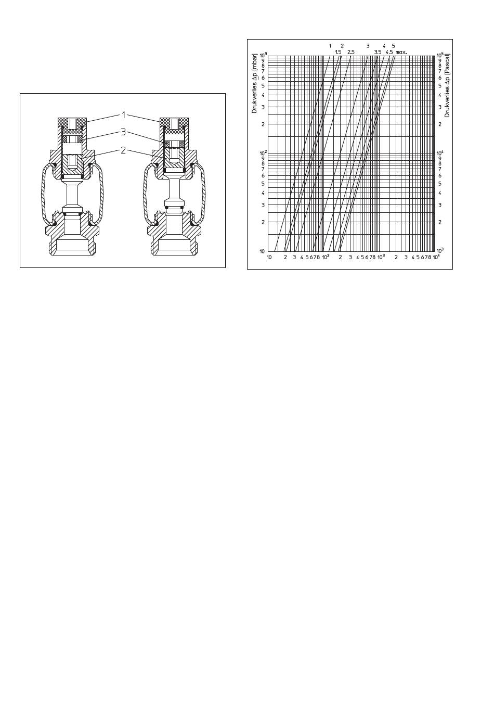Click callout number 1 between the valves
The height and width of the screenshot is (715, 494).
tap(123, 114)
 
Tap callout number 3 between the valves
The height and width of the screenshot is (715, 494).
tap(123, 132)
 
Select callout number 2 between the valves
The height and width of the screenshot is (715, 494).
tap(123, 150)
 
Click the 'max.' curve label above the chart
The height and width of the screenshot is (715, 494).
tap(401, 52)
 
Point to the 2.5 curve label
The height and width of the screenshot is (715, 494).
tap(351, 52)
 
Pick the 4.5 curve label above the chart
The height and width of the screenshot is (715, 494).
tap(389, 52)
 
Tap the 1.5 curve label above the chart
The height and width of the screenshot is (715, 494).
tap(339, 52)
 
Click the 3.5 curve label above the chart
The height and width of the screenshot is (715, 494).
tap(378, 52)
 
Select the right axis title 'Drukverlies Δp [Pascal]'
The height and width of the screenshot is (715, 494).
tap(447, 85)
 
